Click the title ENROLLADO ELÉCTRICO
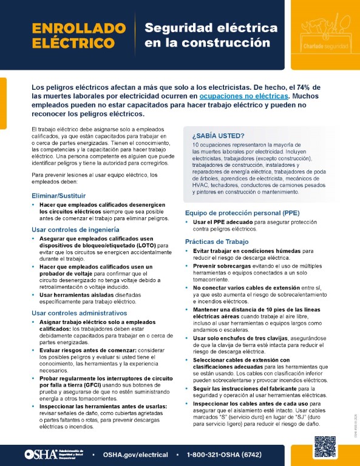[73, 35]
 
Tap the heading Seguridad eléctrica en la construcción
[211, 35]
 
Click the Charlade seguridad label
[324, 47]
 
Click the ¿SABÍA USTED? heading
[218, 135]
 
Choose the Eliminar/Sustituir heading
[58, 195]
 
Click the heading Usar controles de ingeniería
[75, 229]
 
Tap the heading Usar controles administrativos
[79, 312]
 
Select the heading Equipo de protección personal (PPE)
[241, 212]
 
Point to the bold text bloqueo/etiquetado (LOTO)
[111, 245]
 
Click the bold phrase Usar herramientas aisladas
[77, 294]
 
